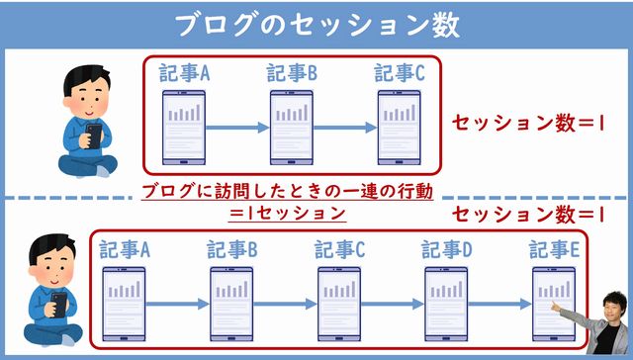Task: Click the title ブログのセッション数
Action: (316, 24)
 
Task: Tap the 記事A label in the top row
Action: (185, 74)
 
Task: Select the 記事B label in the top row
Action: (292, 74)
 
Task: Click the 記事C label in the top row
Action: (400, 74)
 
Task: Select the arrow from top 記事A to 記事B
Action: (238, 127)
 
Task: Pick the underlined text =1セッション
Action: (288, 213)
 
